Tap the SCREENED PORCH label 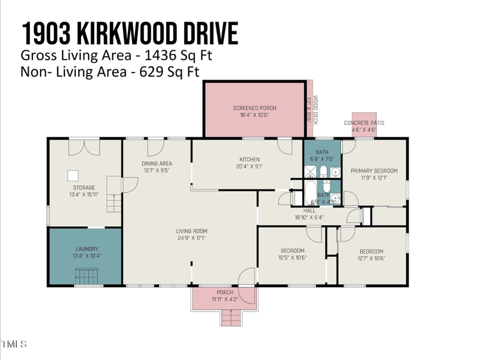[x=255, y=108]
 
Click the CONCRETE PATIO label [x=364, y=123]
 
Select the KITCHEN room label [x=249, y=160]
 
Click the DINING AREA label [x=157, y=163]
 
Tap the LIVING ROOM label [x=191, y=231]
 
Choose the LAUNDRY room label [x=87, y=249]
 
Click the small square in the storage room [x=73, y=175]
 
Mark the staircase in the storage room [x=114, y=195]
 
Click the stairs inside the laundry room [x=87, y=277]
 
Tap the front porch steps [x=232, y=318]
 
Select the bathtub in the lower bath [x=311, y=193]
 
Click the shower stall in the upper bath [x=310, y=173]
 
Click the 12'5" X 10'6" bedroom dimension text [x=292, y=258]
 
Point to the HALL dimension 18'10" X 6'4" [x=309, y=218]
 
